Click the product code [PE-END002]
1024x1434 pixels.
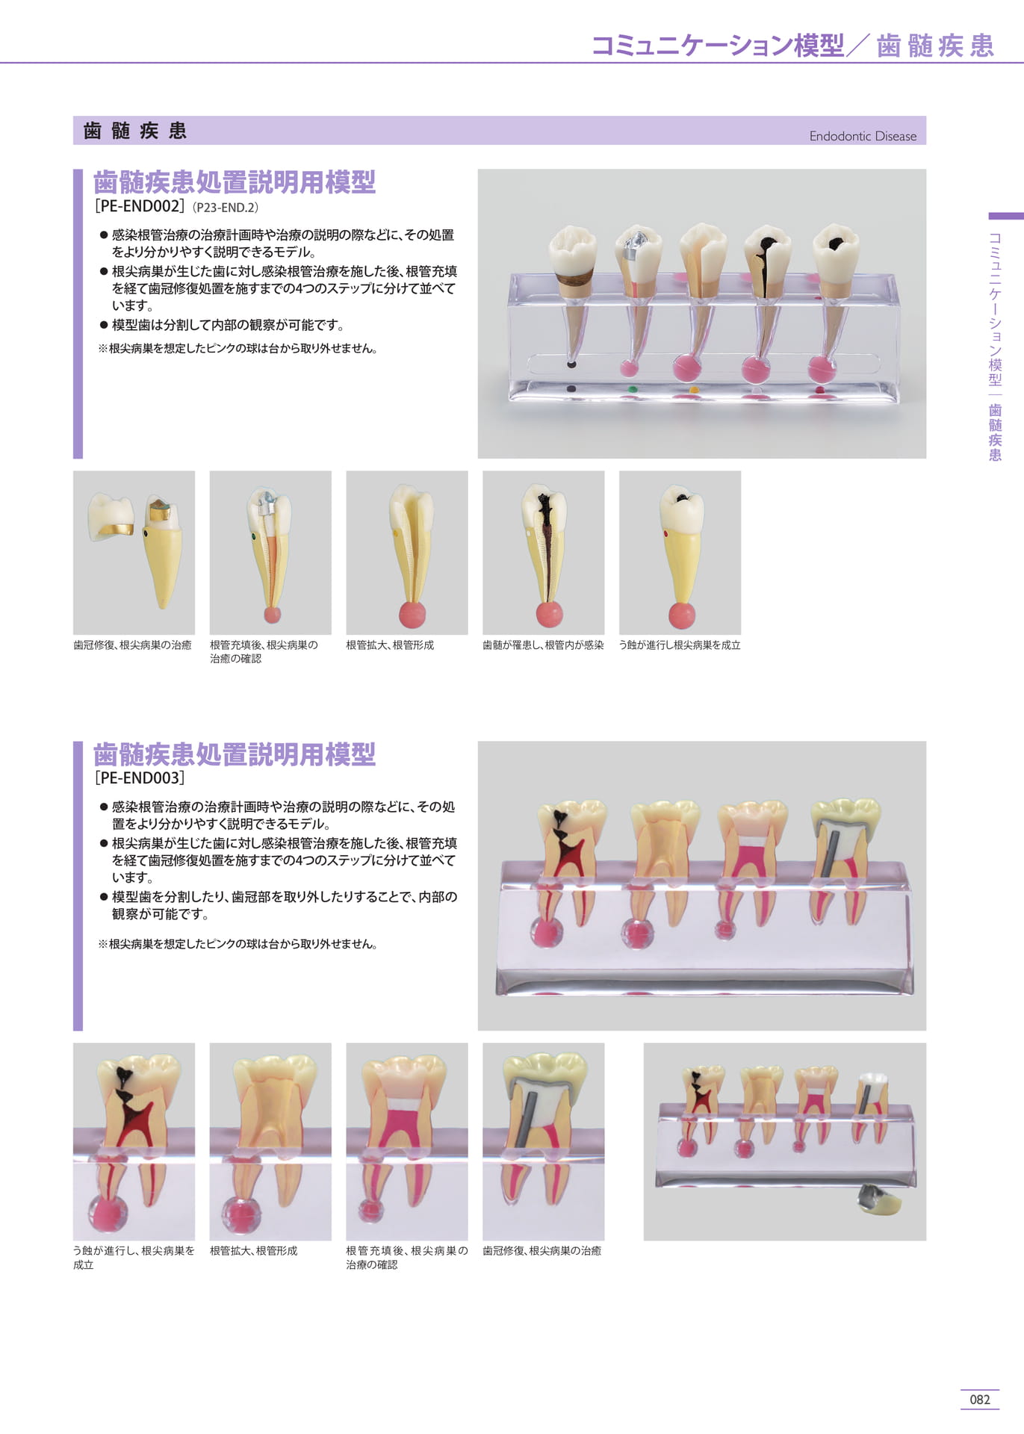click(x=139, y=206)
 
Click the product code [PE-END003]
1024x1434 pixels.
click(x=139, y=777)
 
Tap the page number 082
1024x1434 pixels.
click(x=979, y=1400)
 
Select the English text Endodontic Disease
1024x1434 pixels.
click(x=863, y=136)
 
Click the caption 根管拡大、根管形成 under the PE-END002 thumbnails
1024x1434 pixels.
click(x=390, y=645)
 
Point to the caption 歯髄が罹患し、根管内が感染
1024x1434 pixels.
click(x=543, y=645)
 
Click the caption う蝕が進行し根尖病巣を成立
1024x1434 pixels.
click(x=680, y=645)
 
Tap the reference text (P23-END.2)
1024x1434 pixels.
click(x=226, y=208)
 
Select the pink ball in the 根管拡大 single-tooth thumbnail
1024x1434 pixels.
click(x=412, y=615)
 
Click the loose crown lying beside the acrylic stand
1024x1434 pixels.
click(x=879, y=1199)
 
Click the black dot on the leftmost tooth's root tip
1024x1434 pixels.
click(x=571, y=364)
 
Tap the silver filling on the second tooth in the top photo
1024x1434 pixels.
click(x=633, y=244)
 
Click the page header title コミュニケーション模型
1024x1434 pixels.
click(x=718, y=45)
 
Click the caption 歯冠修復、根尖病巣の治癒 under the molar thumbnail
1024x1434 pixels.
click(x=542, y=1250)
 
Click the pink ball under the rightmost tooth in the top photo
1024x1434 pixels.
click(x=822, y=368)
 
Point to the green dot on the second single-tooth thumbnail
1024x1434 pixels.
click(x=254, y=536)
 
